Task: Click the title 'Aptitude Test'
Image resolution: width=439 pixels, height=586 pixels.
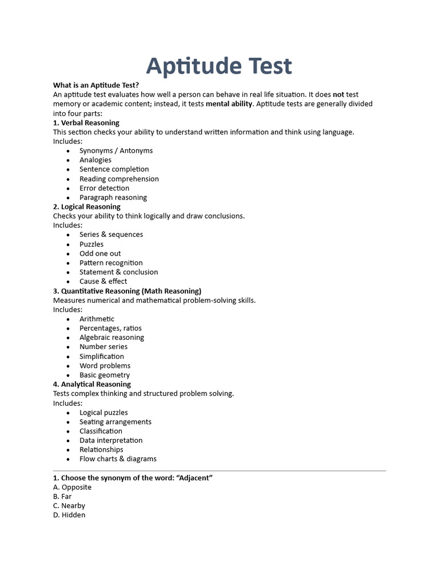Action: pyautogui.click(x=219, y=66)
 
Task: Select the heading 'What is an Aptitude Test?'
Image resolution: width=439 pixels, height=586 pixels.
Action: pyautogui.click(x=96, y=85)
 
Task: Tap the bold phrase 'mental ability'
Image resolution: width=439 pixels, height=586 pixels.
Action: pyautogui.click(x=229, y=104)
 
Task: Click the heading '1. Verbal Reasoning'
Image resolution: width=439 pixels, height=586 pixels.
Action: pyautogui.click(x=86, y=122)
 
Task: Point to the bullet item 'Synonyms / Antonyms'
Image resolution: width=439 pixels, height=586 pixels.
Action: pyautogui.click(x=116, y=151)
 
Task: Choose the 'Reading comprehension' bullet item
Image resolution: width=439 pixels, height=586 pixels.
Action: pyautogui.click(x=119, y=179)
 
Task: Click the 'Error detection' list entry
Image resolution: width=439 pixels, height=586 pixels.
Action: pyautogui.click(x=104, y=188)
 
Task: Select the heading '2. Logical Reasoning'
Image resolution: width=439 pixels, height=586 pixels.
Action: pyautogui.click(x=87, y=207)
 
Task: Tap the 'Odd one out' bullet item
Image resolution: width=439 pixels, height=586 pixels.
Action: pyautogui.click(x=100, y=254)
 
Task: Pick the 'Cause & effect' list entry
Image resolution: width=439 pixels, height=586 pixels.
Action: pyautogui.click(x=103, y=281)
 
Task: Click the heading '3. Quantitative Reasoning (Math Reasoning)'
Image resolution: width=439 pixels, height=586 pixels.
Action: pyautogui.click(x=127, y=291)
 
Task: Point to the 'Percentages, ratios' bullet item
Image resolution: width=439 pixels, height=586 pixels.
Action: pyautogui.click(x=110, y=328)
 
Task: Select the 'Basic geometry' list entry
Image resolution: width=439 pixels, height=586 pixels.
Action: pyautogui.click(x=105, y=375)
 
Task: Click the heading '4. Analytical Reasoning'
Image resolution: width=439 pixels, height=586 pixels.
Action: pyautogui.click(x=92, y=384)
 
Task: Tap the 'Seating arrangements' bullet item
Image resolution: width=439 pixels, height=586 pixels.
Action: pyautogui.click(x=115, y=422)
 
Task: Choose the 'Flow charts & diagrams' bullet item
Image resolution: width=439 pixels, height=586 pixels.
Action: pyautogui.click(x=118, y=458)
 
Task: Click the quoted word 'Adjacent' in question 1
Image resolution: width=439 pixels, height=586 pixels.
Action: pyautogui.click(x=194, y=478)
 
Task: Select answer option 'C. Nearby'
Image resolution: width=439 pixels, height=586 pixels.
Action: pyautogui.click(x=69, y=506)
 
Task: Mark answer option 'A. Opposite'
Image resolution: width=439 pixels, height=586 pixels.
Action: pyautogui.click(x=72, y=487)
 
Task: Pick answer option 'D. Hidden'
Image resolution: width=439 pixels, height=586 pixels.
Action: pyautogui.click(x=69, y=515)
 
